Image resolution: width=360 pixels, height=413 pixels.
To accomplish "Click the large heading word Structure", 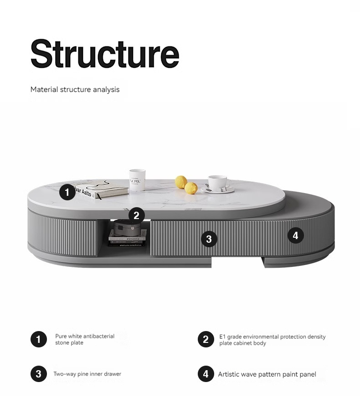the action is click(105, 54).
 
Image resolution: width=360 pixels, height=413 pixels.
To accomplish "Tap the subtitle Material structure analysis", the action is click(75, 90).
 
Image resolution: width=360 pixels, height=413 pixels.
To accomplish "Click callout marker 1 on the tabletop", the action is click(67, 192).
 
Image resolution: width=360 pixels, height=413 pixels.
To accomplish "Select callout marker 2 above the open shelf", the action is click(137, 215).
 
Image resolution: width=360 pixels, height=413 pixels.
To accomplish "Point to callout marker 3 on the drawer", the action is click(209, 239).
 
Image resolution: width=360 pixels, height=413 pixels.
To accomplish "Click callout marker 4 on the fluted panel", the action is click(295, 235).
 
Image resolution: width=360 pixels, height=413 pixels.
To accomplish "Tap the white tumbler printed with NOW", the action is click(137, 180).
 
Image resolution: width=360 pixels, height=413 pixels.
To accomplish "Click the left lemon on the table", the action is click(181, 182).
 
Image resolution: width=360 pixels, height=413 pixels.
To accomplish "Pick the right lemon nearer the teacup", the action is click(191, 188).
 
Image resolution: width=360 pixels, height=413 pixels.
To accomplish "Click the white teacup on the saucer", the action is click(219, 184).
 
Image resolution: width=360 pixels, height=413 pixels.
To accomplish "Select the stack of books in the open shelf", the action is click(128, 238).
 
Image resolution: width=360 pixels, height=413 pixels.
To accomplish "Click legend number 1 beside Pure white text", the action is click(39, 339).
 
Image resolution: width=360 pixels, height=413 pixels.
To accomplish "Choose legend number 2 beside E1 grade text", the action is click(206, 339).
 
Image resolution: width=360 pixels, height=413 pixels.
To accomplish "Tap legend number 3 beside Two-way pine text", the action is click(39, 374).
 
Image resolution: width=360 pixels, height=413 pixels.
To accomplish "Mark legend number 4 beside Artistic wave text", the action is click(206, 374).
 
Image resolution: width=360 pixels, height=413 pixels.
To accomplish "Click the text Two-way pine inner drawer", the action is click(87, 374).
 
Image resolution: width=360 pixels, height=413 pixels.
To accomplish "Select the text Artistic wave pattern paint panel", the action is click(267, 374).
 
